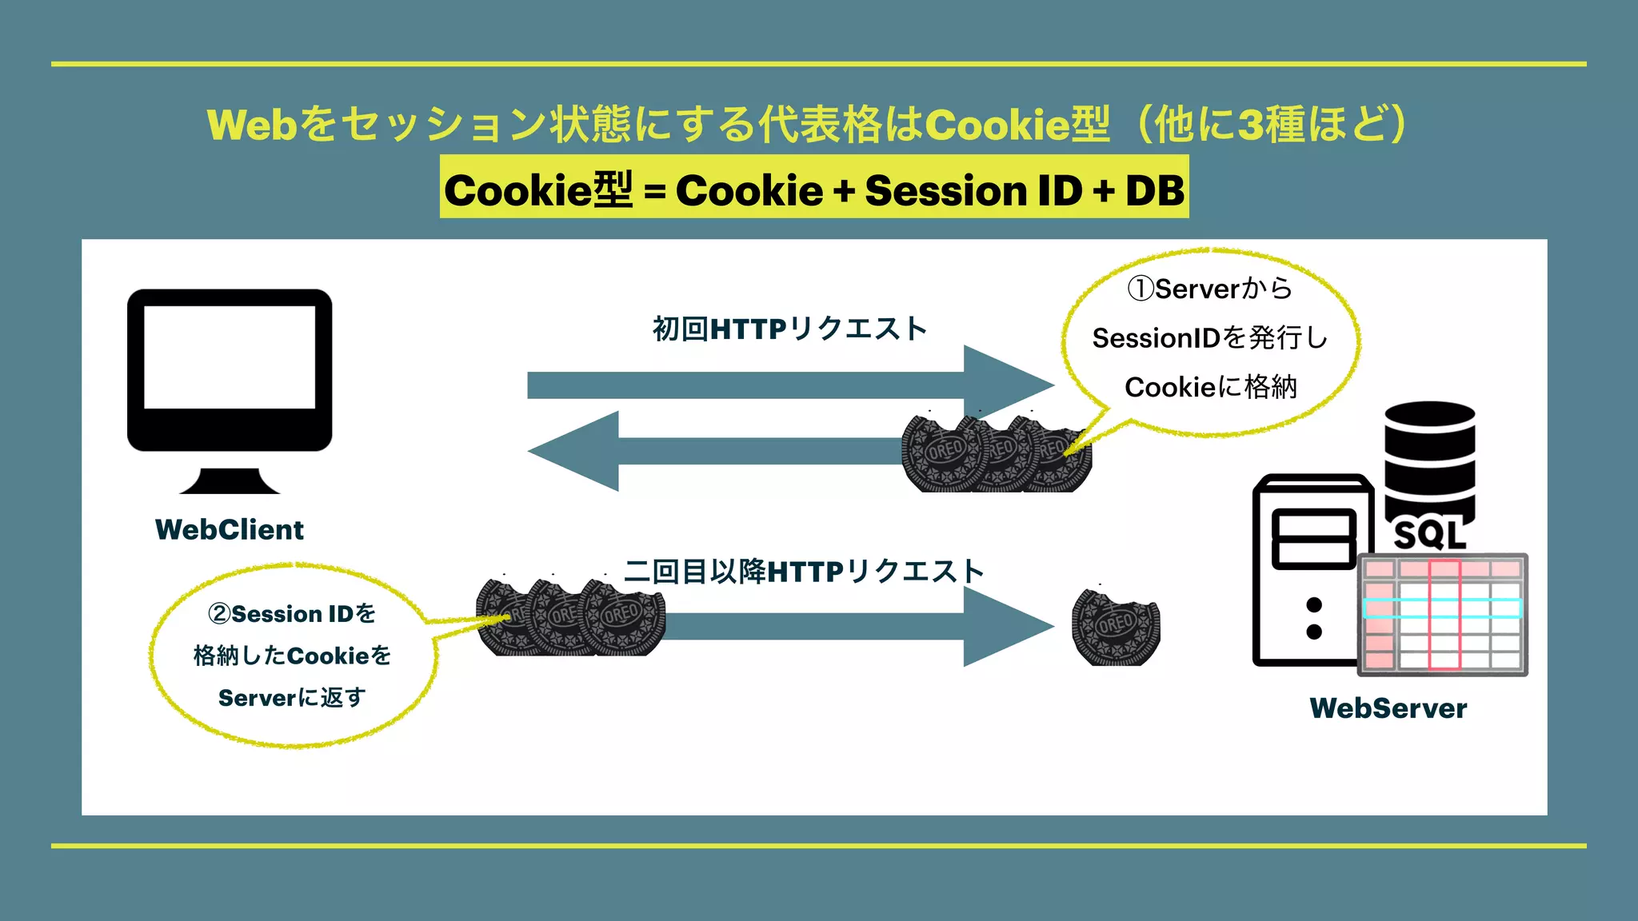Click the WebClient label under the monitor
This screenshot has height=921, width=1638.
230,529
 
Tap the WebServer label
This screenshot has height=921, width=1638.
1388,708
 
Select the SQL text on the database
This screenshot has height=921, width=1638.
1430,535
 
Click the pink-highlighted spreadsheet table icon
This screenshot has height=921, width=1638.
1443,614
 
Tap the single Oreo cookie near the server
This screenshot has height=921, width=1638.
1116,627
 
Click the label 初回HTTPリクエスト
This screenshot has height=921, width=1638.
789,329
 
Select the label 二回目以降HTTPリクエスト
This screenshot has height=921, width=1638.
804,572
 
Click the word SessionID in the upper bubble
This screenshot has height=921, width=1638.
1156,338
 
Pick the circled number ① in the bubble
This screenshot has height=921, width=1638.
1140,289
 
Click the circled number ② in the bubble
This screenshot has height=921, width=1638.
219,614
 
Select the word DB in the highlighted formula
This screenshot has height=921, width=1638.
1154,190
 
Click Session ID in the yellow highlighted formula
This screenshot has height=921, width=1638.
973,190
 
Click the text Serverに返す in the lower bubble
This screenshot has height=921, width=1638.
292,698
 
